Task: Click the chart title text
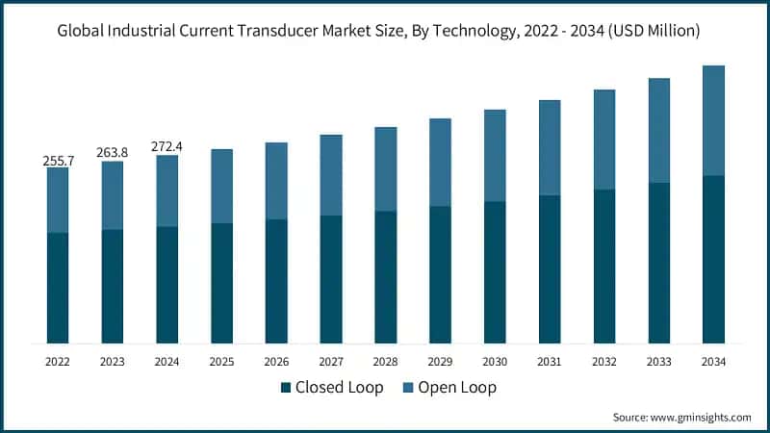(x=385, y=31)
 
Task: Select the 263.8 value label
(x=113, y=153)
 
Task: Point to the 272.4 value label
(x=167, y=147)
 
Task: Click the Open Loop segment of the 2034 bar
(x=713, y=120)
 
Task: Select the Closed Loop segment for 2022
(x=58, y=288)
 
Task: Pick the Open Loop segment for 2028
(x=385, y=168)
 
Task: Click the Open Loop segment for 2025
(x=221, y=186)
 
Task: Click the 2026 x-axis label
(x=276, y=362)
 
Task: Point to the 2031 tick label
(x=550, y=362)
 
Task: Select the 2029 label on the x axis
(x=440, y=362)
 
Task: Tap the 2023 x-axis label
(x=113, y=362)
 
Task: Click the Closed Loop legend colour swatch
(x=286, y=388)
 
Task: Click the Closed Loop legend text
(x=339, y=388)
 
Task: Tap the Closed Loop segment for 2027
(x=331, y=279)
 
